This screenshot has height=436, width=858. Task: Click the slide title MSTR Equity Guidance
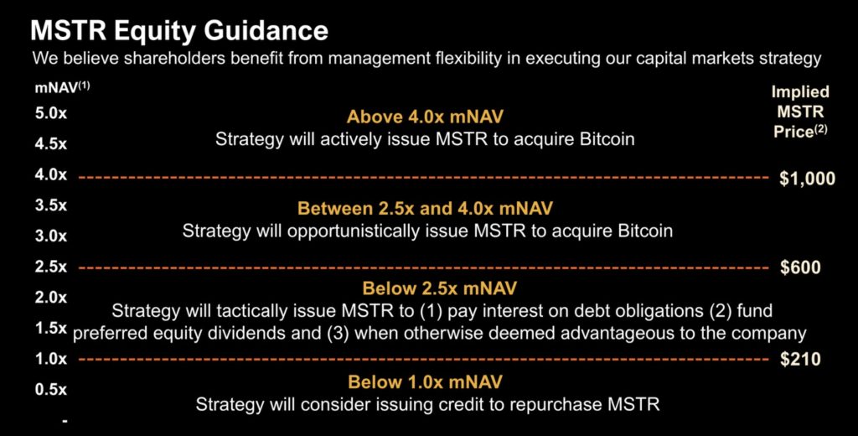point(179,30)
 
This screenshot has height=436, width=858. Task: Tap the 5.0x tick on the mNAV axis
point(50,114)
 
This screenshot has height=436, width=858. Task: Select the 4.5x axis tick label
point(50,144)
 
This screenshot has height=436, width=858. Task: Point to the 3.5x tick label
point(50,205)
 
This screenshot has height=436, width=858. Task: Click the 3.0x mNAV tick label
point(50,236)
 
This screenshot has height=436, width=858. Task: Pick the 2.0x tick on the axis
point(50,298)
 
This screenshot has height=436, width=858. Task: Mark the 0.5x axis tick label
point(50,389)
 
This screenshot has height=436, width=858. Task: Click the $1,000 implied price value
point(807,179)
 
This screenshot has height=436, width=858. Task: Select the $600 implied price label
point(800,267)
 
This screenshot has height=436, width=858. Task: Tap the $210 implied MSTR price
point(800,360)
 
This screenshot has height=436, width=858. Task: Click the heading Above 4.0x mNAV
point(425,117)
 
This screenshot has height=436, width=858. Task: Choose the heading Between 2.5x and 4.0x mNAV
point(425,208)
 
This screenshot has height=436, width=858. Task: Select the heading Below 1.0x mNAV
point(425,381)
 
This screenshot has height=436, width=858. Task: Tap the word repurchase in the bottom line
point(543,405)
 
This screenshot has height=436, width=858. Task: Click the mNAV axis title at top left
point(62,88)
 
